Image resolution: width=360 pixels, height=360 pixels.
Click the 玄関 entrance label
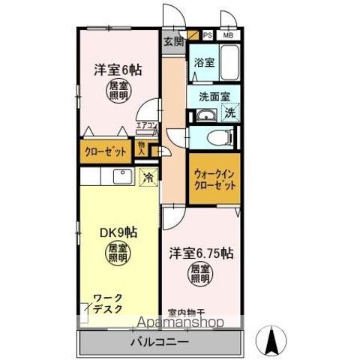pyautogui.click(x=173, y=42)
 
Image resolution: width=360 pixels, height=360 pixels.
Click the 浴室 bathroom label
pyautogui.click(x=204, y=63)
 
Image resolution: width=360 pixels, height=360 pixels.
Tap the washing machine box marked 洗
pyautogui.click(x=230, y=114)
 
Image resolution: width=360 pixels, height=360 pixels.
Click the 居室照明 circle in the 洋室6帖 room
pyautogui.click(x=117, y=91)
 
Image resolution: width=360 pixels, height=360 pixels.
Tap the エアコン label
pyautogui.click(x=146, y=126)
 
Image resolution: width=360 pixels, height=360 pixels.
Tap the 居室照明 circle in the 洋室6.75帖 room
pyautogui.click(x=196, y=274)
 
